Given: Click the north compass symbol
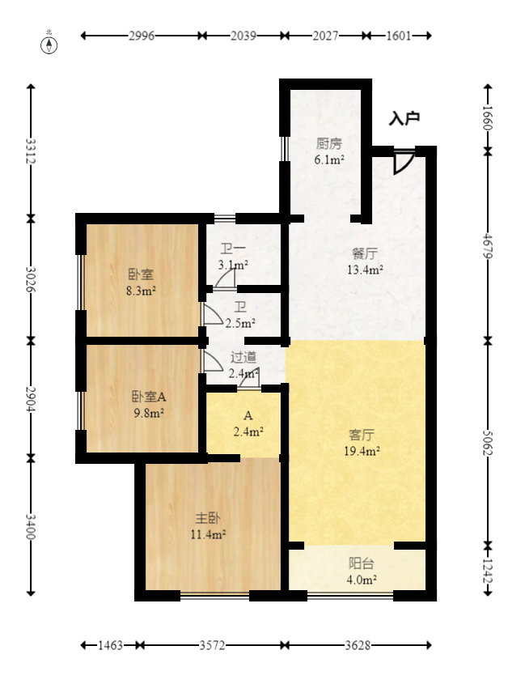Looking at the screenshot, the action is (49, 45).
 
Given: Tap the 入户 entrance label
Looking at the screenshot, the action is (404, 118).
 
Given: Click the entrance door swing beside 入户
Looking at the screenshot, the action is (404, 162).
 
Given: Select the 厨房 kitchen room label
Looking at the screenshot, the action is (329, 143).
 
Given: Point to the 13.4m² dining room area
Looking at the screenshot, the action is (365, 270).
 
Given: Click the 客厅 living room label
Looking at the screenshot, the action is (362, 435).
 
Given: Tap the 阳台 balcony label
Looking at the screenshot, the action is (362, 563).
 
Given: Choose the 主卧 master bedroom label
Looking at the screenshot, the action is (208, 518).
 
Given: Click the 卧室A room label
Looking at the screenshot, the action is (149, 397).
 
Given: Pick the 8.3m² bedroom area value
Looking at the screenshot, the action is (142, 291).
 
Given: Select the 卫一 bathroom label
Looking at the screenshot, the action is (233, 249).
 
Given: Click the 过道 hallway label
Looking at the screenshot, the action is (243, 357).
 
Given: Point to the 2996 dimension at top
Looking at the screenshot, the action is (142, 36).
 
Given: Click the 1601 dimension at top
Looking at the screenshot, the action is (399, 36).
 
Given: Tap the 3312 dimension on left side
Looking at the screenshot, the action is (30, 151).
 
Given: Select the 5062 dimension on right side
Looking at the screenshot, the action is (488, 443).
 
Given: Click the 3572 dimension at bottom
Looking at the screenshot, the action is (212, 645).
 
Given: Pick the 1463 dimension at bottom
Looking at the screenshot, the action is (110, 645).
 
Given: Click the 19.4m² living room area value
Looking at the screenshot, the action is (362, 451).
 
